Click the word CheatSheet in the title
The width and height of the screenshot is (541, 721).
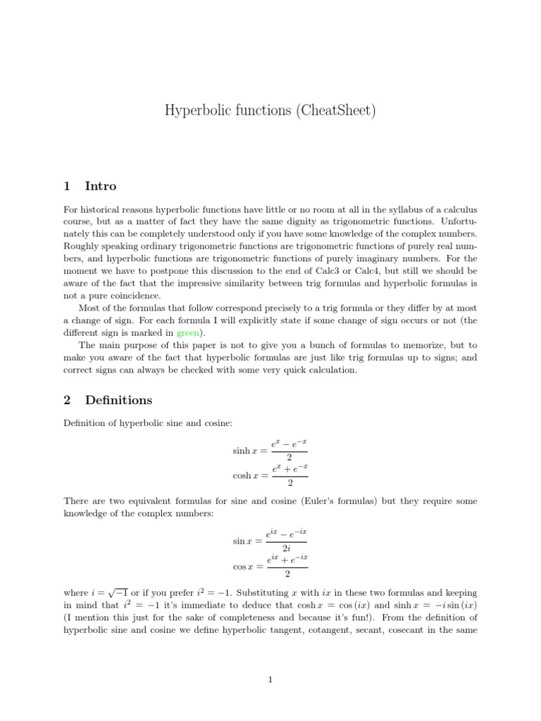tap(331, 111)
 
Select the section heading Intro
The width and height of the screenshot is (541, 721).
tap(101, 187)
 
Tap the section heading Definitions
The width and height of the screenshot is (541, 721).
tap(118, 400)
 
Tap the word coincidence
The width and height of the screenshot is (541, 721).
tap(138, 296)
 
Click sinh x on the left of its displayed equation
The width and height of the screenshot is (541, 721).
tap(245, 450)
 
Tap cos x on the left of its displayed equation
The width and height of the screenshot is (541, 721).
tap(246, 566)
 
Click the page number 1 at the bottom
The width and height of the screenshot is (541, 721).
tap(270, 679)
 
